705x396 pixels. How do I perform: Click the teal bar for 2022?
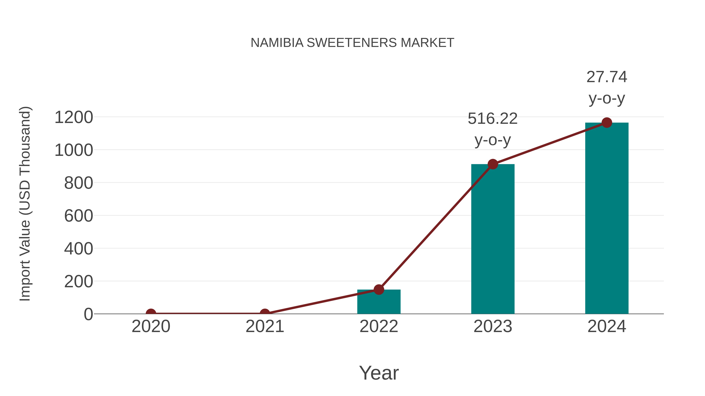tap(379, 302)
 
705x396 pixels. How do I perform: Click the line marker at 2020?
tap(151, 313)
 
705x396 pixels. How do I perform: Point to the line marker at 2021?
tap(265, 313)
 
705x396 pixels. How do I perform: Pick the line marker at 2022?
tap(379, 289)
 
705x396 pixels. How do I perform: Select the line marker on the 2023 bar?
tap(493, 164)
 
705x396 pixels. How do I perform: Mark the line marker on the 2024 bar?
tap(607, 123)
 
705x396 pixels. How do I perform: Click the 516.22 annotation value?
tap(493, 119)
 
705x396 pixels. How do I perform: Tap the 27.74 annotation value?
tap(607, 77)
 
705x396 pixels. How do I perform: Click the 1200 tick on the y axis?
tap(74, 118)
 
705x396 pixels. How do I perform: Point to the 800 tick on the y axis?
tap(79, 183)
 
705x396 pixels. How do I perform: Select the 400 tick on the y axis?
tap(79, 249)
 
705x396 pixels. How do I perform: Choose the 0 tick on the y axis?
tap(88, 314)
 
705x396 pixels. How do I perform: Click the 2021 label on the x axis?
tap(265, 326)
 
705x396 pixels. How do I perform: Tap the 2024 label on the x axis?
tap(607, 326)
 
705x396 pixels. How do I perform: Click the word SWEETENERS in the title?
tap(352, 43)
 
